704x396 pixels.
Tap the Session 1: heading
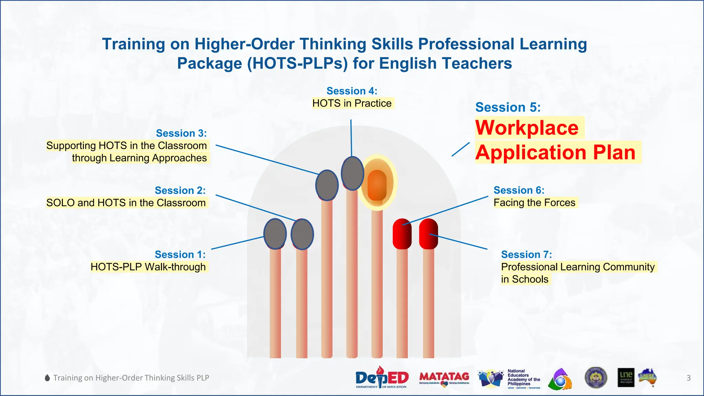click(180, 254)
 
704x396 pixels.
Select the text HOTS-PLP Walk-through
click(148, 267)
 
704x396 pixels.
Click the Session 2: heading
click(180, 190)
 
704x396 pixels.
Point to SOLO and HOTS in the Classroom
click(126, 203)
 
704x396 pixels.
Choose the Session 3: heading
click(181, 133)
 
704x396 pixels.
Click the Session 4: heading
click(352, 91)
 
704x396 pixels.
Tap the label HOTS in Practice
click(352, 103)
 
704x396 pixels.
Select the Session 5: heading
click(508, 107)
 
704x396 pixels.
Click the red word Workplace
click(527, 128)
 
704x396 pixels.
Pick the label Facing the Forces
click(534, 203)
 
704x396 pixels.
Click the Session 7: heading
click(526, 254)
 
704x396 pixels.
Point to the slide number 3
click(689, 378)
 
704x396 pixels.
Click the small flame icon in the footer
click(47, 378)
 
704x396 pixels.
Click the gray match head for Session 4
click(352, 173)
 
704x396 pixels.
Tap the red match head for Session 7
click(428, 234)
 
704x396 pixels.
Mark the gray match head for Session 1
click(275, 234)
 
